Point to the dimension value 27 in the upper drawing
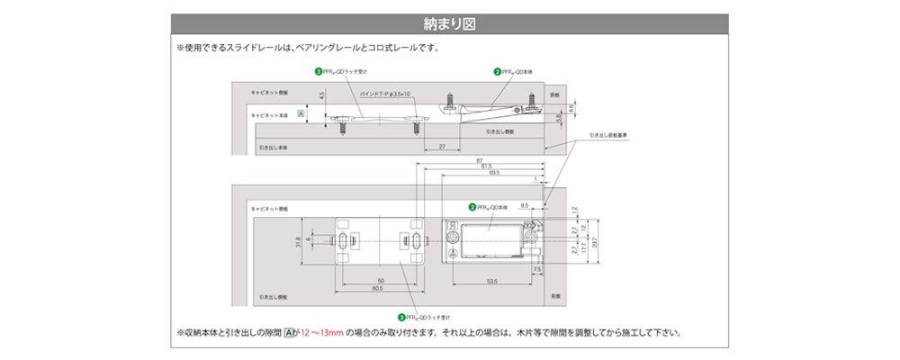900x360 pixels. point(441,146)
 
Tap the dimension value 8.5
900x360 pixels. point(524,205)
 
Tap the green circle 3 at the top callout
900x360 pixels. point(317,71)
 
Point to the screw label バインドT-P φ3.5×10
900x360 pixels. point(384,94)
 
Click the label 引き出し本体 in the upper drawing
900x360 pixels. point(271,145)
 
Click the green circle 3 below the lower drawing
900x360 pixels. point(400,317)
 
